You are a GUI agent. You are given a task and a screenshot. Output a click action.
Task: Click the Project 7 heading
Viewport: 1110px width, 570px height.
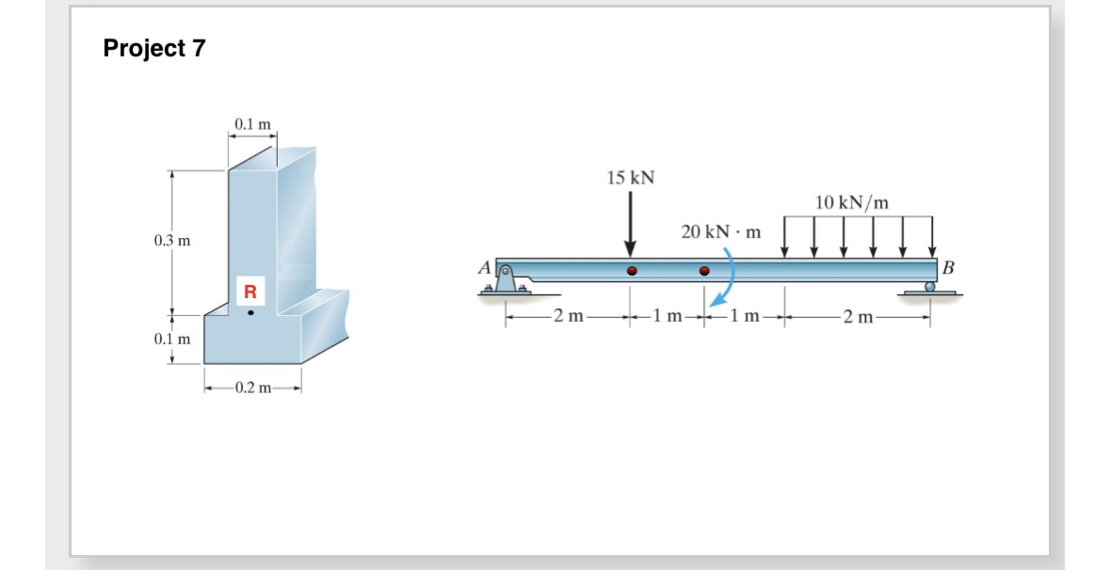[x=154, y=49]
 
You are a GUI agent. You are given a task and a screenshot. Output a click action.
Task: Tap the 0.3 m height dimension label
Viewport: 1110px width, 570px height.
[x=172, y=241]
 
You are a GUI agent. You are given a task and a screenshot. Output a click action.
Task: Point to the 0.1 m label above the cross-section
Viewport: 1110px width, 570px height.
[x=252, y=124]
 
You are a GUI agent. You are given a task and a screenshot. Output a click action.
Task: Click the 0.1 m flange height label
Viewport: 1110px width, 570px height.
[x=172, y=338]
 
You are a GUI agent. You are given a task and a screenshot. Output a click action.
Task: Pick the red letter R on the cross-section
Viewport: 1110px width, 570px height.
[x=250, y=291]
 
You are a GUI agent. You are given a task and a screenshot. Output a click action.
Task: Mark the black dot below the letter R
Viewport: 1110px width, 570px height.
[x=250, y=312]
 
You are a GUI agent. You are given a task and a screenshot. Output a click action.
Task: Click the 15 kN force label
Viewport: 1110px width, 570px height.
[x=631, y=178]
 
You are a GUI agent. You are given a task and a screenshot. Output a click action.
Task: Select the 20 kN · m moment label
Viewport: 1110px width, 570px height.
[x=720, y=231]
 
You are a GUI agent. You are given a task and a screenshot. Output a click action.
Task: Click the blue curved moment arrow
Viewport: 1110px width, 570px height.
[x=726, y=277]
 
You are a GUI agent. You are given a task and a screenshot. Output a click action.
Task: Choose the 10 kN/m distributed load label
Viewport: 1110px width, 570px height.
[x=852, y=202]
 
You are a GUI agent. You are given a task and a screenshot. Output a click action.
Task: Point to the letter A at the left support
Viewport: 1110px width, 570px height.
[x=484, y=267]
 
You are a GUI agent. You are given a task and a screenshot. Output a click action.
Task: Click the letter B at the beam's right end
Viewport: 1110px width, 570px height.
[x=947, y=267]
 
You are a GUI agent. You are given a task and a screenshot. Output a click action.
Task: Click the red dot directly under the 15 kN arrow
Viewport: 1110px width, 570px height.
[x=632, y=271]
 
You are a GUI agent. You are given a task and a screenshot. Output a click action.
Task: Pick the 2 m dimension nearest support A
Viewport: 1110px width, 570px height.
[x=568, y=318]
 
